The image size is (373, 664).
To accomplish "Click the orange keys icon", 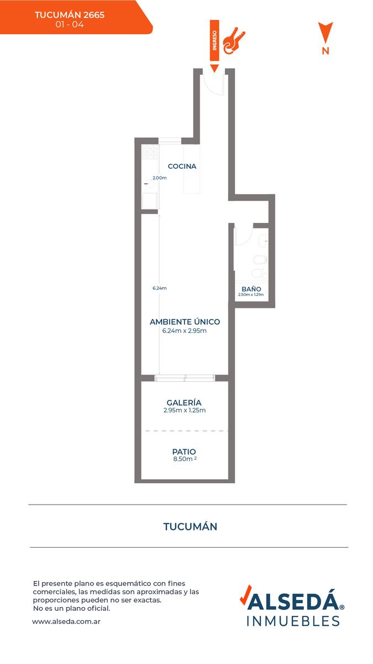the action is pos(234,41).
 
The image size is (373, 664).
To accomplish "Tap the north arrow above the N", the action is pos(325,32).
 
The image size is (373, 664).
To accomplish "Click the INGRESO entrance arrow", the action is pos(214,46).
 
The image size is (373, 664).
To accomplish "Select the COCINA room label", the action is pos(182,167).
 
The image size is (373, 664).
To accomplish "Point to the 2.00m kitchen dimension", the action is pos(160,178).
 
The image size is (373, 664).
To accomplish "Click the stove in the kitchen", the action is pos(150,152).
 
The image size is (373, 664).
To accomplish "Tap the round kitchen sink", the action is pos(149,184).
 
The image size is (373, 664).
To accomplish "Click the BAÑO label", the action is pos(251,289).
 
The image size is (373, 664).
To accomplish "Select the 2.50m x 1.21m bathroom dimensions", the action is pos(251,294).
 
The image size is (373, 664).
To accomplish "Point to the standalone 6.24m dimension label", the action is pos(160,288).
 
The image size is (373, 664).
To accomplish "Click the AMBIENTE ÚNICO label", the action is pos(185,321).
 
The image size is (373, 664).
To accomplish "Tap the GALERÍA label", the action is pos(184,402).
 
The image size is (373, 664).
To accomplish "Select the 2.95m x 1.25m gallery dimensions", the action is pos(185,410).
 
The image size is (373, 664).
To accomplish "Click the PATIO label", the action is pos(184,452).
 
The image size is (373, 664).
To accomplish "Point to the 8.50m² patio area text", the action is pos(185,459).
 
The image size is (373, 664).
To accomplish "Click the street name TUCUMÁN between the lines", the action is pos(190,526).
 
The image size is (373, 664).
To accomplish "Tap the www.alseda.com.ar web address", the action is pos(66,621).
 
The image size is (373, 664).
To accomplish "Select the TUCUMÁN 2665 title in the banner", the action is pos(70,15).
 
